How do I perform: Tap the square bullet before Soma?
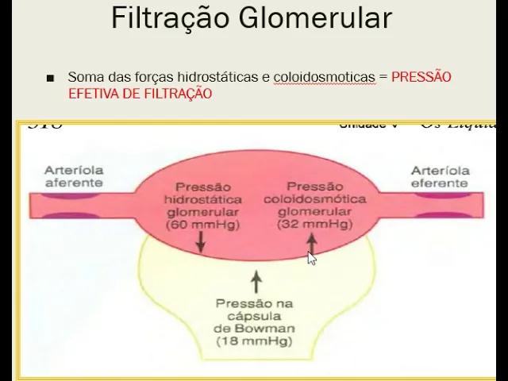pos(51,79)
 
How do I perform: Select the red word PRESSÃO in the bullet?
pos(421,77)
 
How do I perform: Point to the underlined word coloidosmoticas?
pos(324,77)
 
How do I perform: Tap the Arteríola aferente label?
pos(74,176)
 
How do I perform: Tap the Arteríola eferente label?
pos(441,176)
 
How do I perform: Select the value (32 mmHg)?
pos(315,225)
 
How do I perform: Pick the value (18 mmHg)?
pos(254,342)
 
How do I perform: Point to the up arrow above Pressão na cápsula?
pos(255,282)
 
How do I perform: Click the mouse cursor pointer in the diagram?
pos(312,257)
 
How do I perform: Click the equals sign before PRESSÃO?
pos(383,77)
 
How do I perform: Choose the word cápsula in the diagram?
pos(254,317)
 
